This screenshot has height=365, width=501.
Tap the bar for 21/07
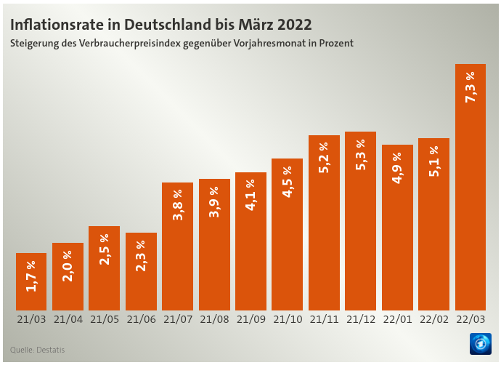[177, 246]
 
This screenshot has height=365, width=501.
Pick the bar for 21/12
[360, 221]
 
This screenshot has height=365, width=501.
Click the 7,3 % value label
[470, 87]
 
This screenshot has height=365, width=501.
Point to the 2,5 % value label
[105, 249]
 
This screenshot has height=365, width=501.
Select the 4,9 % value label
[397, 168]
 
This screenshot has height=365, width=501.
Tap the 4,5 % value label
[288, 182]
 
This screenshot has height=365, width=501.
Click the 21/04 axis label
[68, 319]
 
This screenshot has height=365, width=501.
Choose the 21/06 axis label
[141, 319]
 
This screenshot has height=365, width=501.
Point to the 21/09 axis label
[250, 319]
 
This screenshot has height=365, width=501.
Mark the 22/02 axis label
[433, 319]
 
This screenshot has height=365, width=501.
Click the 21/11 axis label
[324, 319]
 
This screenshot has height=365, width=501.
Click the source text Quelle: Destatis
[37, 350]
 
